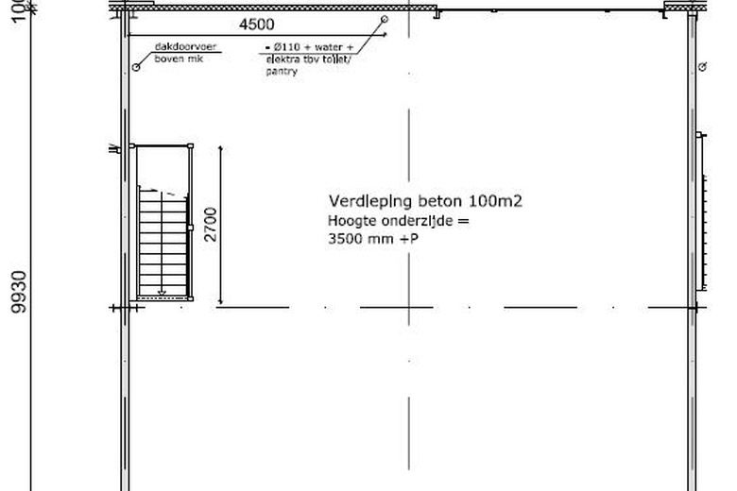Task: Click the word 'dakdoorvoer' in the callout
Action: (x=180, y=45)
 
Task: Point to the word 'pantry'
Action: (x=282, y=72)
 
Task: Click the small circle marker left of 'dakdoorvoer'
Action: (x=136, y=67)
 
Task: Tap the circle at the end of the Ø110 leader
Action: (x=385, y=19)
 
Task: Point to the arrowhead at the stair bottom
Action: (x=162, y=293)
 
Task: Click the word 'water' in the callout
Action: (x=330, y=47)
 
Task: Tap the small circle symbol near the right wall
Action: (x=702, y=66)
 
